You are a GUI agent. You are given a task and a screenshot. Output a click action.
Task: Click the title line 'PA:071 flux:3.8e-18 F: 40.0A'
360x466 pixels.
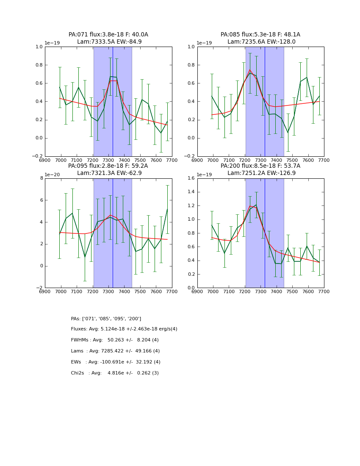(108, 35)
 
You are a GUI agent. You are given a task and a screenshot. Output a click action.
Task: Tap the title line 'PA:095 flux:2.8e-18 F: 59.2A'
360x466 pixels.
(108, 166)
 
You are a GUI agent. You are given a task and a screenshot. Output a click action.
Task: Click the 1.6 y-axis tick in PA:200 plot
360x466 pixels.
(190, 178)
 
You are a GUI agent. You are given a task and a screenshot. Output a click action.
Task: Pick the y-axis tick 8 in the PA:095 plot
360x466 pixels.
(42, 178)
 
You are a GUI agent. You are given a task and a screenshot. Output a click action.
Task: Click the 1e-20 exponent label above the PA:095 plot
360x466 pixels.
(52, 175)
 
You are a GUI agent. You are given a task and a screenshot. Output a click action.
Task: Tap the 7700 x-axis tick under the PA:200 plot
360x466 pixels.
(324, 291)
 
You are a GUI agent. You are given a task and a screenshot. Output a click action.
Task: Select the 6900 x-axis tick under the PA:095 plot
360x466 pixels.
(45, 291)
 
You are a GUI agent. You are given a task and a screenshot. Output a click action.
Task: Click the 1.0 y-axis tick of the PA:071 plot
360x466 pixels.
(39, 47)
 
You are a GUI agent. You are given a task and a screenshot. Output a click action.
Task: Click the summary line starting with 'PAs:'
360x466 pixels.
(106, 319)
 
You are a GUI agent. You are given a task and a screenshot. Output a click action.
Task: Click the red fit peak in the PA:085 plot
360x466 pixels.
(250, 70)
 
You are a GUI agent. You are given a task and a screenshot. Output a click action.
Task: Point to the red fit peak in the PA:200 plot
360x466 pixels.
(250, 206)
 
